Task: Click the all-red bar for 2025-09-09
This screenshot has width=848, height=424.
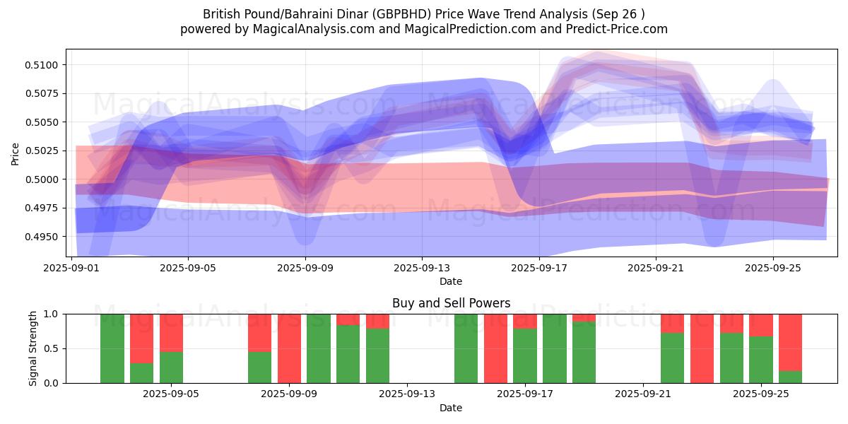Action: (289, 348)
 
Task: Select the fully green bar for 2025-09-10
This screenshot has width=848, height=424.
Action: (319, 348)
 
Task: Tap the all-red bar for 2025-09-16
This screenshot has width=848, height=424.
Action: (495, 348)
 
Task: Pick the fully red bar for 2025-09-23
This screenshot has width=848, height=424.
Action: (702, 348)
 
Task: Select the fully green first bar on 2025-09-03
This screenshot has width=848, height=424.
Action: (112, 348)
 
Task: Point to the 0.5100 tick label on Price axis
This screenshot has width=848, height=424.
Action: (43, 65)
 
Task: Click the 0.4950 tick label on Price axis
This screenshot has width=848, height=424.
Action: (43, 237)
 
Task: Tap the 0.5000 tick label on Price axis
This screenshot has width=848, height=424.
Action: (43, 179)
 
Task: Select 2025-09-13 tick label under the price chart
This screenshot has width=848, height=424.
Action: (422, 268)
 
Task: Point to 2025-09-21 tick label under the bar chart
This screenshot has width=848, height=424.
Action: (643, 394)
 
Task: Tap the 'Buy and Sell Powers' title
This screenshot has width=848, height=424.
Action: (451, 303)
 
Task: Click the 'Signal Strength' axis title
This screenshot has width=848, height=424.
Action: (33, 348)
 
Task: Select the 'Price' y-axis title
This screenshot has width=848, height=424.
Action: (16, 153)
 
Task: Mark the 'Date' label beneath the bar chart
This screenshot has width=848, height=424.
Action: (451, 408)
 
